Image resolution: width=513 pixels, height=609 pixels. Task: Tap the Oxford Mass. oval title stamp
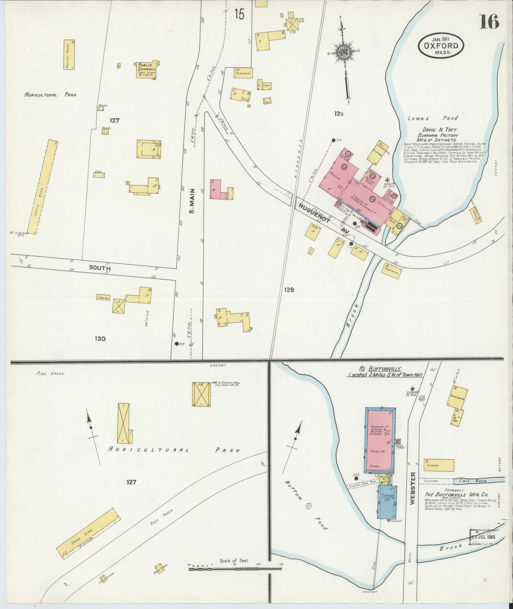[441, 46]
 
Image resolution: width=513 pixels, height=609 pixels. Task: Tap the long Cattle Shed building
[43, 187]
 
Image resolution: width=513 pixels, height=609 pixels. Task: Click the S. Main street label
[192, 206]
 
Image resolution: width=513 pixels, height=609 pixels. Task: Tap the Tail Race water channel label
[475, 481]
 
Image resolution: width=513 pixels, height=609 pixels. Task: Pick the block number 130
[100, 339]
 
